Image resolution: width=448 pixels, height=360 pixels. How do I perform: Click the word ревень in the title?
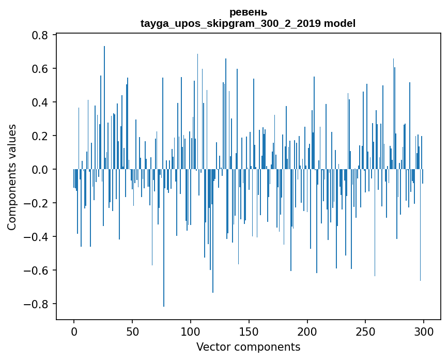pyautogui.click(x=248, y=12)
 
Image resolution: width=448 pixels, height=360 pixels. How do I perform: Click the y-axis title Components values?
pyautogui.click(x=12, y=177)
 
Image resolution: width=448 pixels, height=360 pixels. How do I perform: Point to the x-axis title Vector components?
pyautogui.click(x=248, y=347)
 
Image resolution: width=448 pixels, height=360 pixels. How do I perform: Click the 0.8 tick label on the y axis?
pyautogui.click(x=40, y=35)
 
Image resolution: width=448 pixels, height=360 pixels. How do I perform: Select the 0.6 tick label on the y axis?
pyautogui.click(x=40, y=69)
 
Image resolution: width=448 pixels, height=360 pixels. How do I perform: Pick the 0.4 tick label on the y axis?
pyautogui.click(x=40, y=102)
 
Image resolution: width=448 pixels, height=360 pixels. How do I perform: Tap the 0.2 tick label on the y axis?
pyautogui.click(x=40, y=136)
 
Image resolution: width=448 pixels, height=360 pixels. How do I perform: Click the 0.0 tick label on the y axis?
pyautogui.click(x=40, y=170)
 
